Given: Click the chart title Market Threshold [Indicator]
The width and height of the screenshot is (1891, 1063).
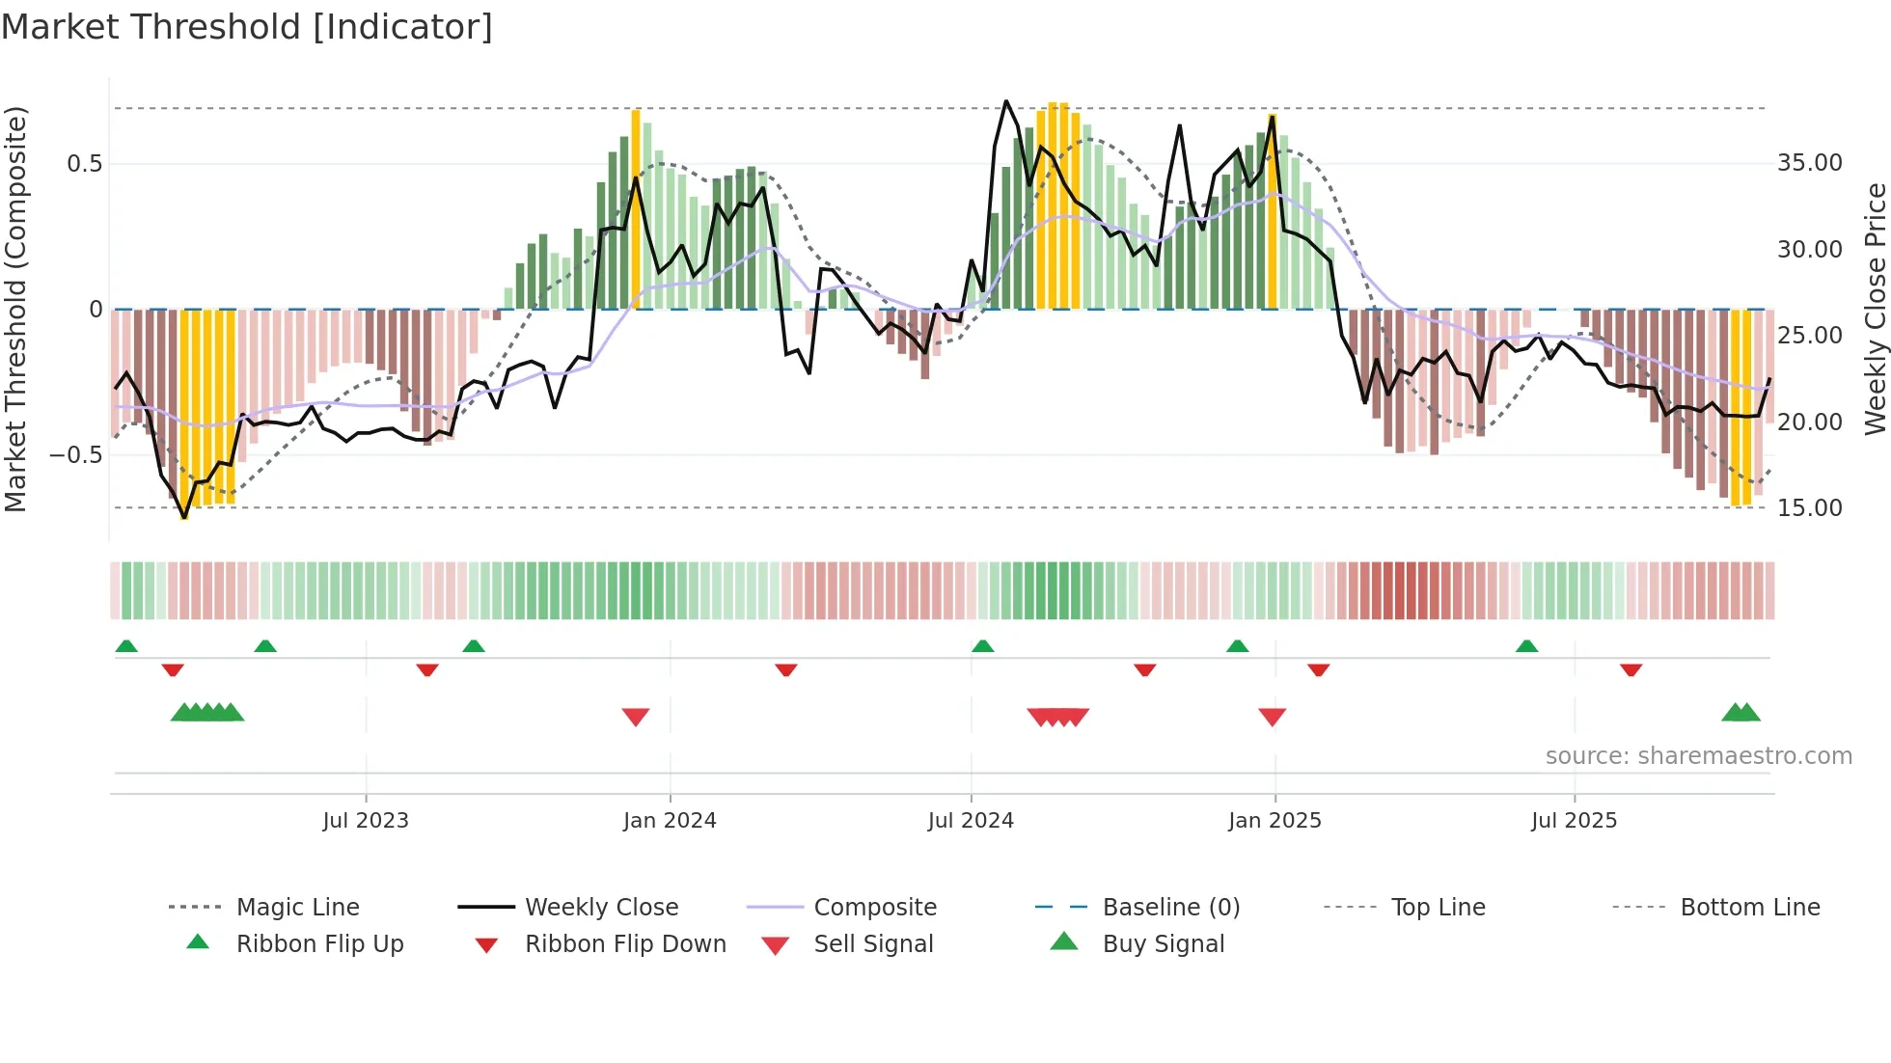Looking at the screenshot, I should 247,27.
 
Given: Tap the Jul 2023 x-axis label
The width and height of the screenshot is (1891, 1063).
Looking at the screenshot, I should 366,821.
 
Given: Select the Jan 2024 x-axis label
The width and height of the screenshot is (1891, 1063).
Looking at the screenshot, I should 670,821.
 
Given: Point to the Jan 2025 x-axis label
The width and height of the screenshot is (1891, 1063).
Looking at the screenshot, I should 1274,821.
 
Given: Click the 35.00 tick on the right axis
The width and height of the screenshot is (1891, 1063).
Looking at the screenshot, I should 1809,163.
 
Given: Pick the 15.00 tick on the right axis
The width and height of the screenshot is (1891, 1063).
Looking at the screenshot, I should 1809,508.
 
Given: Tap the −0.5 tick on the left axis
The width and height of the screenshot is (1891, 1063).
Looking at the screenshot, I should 76,455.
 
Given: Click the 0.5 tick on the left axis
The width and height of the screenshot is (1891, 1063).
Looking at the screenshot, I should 84,164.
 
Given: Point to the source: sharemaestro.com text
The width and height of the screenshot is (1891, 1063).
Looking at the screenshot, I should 1698,756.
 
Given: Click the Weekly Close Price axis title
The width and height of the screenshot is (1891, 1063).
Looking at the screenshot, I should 1875,309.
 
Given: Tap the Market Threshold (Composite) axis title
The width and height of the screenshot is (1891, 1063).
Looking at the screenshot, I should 15,309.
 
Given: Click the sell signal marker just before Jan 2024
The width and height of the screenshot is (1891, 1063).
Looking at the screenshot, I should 636,717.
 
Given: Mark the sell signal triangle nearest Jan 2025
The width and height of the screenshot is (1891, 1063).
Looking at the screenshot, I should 1273,717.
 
